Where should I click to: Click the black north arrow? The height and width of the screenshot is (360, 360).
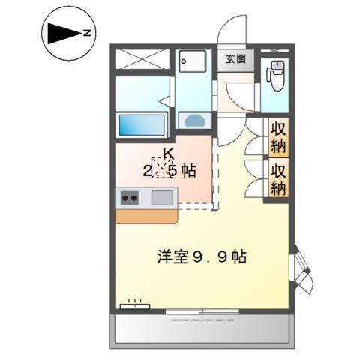pos(64,33)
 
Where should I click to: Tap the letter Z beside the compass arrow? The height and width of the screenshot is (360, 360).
pos(87,33)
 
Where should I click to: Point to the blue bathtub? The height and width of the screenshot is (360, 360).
pos(141,123)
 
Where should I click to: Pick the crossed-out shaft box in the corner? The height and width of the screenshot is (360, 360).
pos(142,59)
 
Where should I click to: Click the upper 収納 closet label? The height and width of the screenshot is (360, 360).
pos(278,135)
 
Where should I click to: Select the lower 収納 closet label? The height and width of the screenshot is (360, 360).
pos(278,178)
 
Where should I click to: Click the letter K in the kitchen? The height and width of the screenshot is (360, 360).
pos(168,156)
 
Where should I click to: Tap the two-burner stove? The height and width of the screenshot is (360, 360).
pos(128,199)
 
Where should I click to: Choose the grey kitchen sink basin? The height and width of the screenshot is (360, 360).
pos(162,198)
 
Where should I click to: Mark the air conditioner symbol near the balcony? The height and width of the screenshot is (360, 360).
pos(134,306)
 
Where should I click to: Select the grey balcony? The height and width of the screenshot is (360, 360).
pos(201,330)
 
